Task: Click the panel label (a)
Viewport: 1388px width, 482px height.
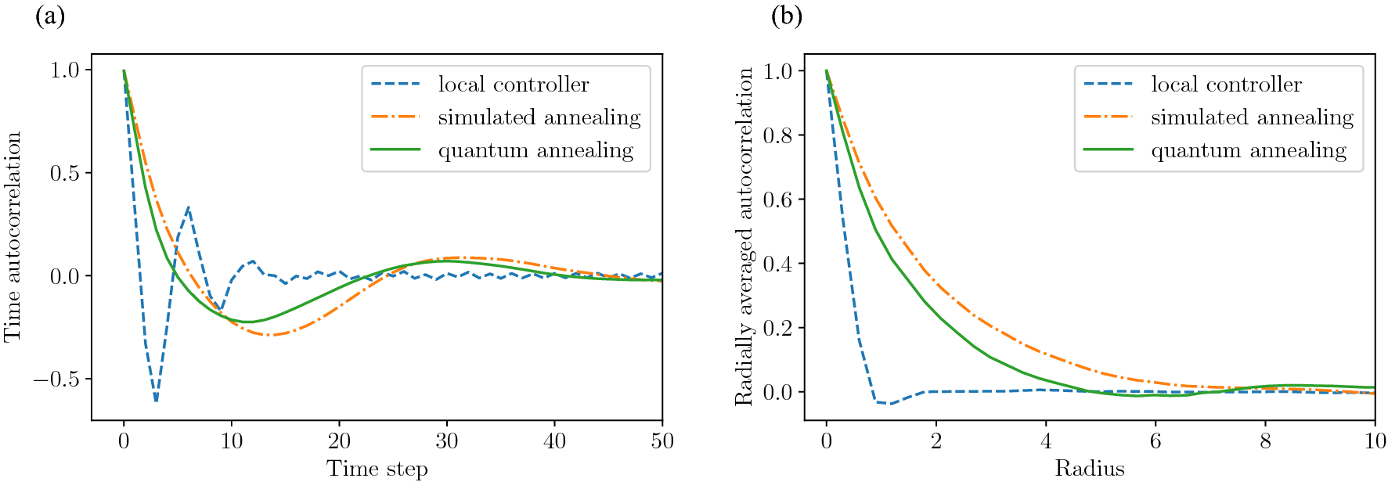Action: tap(50, 16)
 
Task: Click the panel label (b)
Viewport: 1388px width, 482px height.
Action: tap(787, 16)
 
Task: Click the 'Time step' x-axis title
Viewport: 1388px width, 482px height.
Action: tap(377, 468)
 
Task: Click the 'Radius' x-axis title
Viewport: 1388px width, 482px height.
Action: tap(1089, 468)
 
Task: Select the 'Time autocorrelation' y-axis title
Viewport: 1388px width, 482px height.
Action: tap(13, 237)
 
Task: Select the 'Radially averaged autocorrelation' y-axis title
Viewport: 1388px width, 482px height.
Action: tap(743, 237)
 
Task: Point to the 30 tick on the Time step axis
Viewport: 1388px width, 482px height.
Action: tap(447, 441)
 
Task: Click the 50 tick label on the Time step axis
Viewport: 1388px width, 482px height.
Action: tap(662, 441)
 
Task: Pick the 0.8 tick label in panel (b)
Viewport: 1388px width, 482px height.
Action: tap(777, 135)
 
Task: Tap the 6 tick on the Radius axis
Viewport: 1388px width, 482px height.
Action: tap(1155, 441)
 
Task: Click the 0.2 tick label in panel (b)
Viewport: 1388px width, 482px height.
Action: tap(777, 328)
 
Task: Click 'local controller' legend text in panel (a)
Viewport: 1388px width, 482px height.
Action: tap(514, 85)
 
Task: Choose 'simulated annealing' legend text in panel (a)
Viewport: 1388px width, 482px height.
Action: tap(539, 117)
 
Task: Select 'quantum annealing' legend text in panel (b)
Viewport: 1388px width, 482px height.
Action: tap(1249, 150)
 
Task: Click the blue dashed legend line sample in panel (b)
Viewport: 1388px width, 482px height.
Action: tap(1108, 84)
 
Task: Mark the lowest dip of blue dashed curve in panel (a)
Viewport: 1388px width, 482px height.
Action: tap(156, 401)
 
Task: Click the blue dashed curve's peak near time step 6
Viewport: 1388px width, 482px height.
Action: tap(189, 208)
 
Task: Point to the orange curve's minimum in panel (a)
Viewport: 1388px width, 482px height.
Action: tap(269, 335)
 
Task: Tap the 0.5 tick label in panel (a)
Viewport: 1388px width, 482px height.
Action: tap(65, 173)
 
